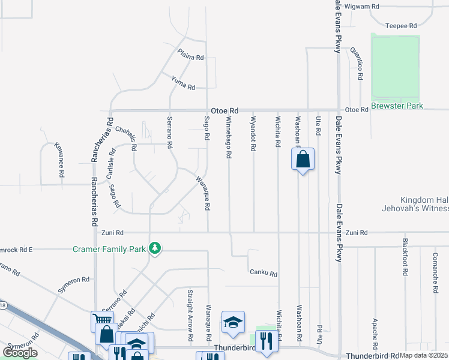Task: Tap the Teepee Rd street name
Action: (401, 26)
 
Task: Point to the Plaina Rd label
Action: (191, 55)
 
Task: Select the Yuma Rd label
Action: (183, 83)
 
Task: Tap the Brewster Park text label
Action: (397, 106)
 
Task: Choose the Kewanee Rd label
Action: (59, 159)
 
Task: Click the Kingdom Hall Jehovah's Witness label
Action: (424, 204)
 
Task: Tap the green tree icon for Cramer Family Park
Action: (155, 248)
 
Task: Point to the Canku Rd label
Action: (264, 274)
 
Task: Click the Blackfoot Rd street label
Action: (406, 259)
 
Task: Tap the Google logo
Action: (20, 353)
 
